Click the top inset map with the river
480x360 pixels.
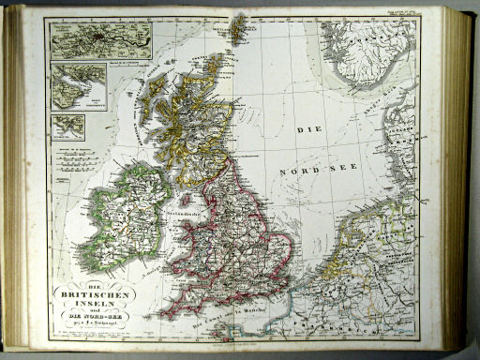100,41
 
